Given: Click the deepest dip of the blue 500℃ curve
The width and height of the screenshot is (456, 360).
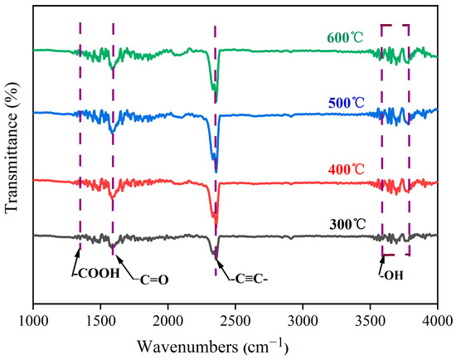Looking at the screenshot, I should click(216, 172).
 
